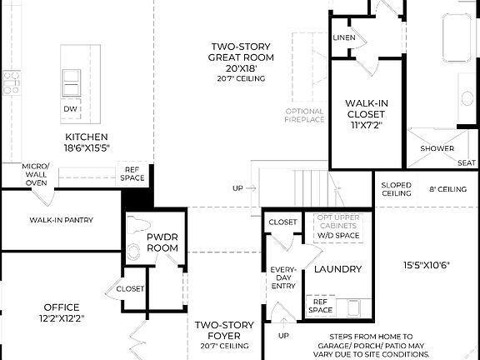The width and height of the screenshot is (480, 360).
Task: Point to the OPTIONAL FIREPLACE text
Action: coord(304,116)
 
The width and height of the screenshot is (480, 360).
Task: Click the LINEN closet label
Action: coord(343,38)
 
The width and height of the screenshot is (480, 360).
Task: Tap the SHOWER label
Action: coord(437,148)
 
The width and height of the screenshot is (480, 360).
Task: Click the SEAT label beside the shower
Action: coord(466,163)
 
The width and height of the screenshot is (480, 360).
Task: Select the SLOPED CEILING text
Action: coord(396,188)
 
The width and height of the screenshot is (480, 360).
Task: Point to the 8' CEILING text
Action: coord(447,189)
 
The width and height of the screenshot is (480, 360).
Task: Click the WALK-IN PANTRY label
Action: coord(61,220)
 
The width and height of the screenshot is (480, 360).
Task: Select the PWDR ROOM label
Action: coord(163,242)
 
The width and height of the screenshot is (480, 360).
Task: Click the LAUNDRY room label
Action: coord(337,269)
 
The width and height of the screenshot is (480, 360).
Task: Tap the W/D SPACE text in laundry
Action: coord(337,235)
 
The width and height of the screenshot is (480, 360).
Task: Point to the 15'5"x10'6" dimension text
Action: coord(427,267)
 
